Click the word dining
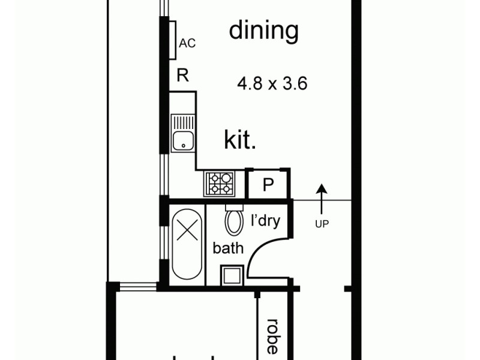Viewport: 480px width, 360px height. point(263,31)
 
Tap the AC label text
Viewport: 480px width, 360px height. point(187,43)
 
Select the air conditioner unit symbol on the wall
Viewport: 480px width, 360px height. point(172,40)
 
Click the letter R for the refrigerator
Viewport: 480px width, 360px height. point(183,76)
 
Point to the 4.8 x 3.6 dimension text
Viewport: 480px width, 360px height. point(272,84)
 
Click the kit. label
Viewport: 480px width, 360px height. point(241,140)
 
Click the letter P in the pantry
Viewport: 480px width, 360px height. point(268,185)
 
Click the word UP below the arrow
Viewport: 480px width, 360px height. point(322,224)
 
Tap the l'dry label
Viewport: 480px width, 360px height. point(265,221)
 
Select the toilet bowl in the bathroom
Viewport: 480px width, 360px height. point(233,223)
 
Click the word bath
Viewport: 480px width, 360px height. point(228,248)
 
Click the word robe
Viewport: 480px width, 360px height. point(272,336)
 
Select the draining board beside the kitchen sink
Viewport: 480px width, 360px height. point(183,122)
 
